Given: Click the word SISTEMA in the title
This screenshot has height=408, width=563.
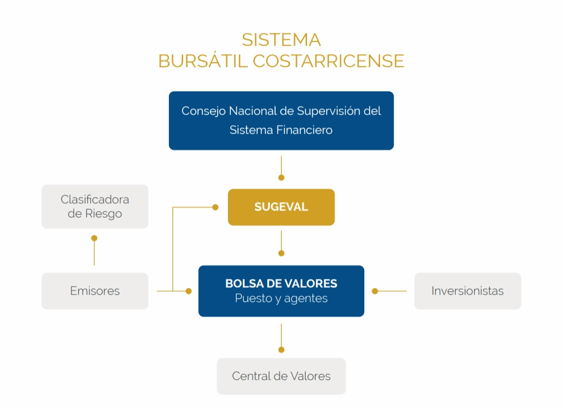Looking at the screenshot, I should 281,40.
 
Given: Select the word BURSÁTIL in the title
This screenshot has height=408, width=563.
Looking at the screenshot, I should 203,61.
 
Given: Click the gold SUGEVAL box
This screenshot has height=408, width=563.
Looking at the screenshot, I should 281,207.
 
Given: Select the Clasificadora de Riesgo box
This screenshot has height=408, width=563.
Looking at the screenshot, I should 95,207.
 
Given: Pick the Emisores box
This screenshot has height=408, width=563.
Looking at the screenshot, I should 95,291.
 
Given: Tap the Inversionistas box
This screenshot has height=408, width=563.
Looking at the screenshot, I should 468,291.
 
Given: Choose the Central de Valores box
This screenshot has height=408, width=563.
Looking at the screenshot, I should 281,376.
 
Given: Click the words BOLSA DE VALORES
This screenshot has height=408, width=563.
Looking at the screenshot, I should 281,283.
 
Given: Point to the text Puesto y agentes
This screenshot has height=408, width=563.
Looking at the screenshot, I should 281,299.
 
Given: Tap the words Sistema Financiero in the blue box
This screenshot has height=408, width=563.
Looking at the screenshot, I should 281,130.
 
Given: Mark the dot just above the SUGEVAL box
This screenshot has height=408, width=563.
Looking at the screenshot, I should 281,177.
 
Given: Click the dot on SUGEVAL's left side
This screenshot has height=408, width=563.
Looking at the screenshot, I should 215,207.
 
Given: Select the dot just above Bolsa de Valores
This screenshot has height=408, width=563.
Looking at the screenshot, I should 281,253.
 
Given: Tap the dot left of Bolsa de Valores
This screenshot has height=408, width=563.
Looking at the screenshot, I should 189,291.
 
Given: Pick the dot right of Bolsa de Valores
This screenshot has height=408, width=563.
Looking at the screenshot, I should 375,291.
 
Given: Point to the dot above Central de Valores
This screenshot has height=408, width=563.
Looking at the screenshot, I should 281,350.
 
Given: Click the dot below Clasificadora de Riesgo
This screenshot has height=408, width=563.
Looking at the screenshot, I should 94,238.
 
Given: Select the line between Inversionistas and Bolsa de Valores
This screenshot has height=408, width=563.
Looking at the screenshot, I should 393,291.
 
